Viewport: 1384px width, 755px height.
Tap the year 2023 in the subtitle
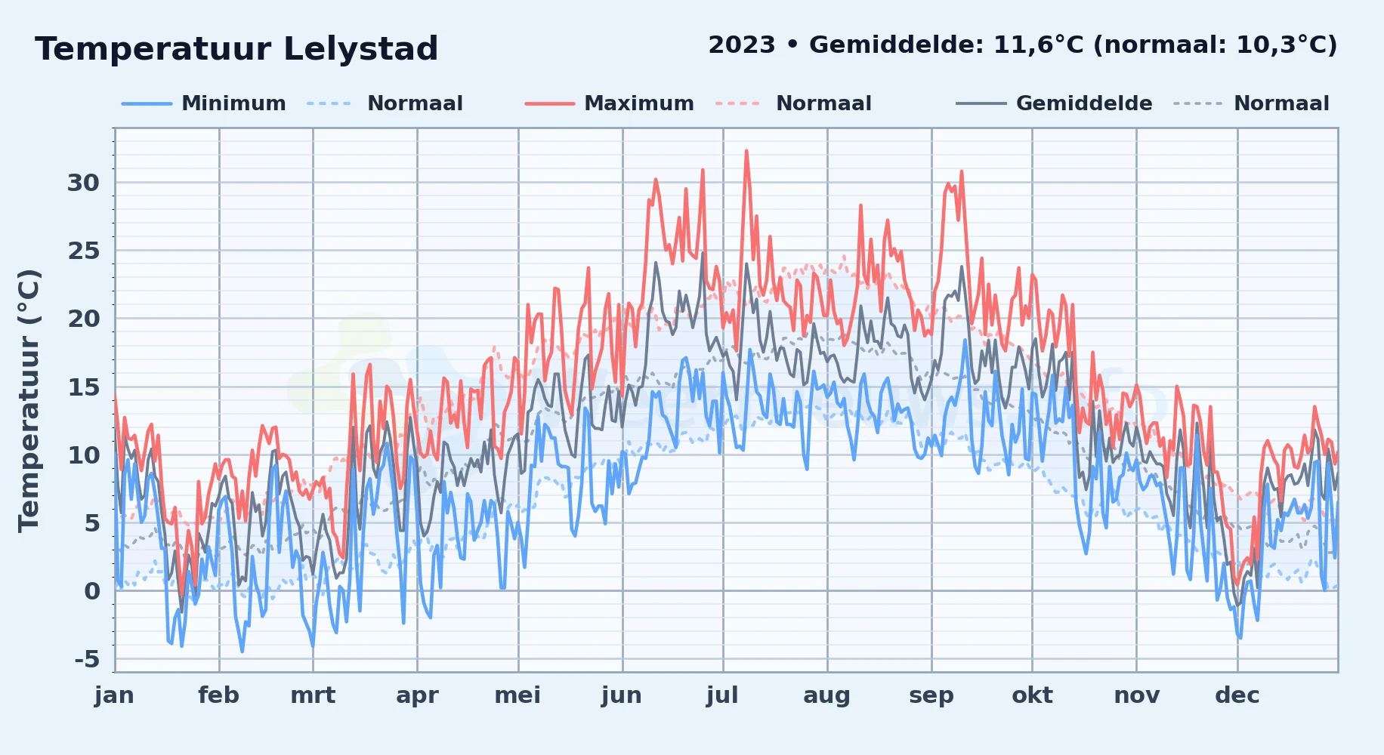point(742,45)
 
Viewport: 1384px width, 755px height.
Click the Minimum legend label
point(233,103)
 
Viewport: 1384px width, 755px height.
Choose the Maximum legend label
point(639,103)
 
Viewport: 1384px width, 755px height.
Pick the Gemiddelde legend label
point(1084,103)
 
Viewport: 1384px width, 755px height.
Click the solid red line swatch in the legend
point(550,103)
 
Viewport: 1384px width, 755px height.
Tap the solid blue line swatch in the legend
point(147,103)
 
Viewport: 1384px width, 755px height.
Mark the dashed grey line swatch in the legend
point(1197,103)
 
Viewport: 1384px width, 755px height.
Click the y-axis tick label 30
point(83,183)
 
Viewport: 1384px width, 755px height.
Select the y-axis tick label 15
point(83,387)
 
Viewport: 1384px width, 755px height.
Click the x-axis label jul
point(722,695)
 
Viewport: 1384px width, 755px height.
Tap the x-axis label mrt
point(313,695)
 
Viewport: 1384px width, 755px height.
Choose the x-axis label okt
point(1032,695)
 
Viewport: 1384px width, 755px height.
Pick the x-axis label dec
point(1237,695)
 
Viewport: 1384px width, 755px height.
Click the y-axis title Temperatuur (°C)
point(29,401)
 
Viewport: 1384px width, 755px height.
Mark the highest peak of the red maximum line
point(746,151)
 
